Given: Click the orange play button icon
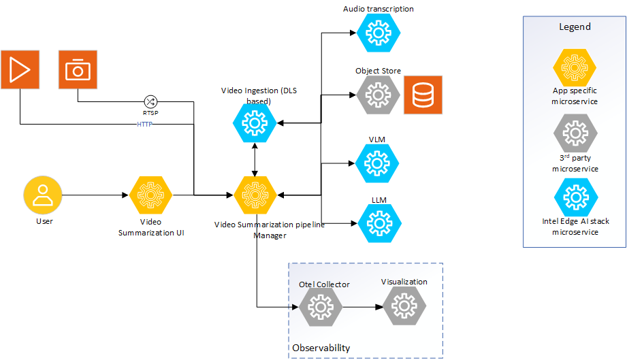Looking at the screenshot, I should pos(20,69).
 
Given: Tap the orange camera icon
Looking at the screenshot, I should pos(78,69).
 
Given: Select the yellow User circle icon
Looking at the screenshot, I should pos(43,195).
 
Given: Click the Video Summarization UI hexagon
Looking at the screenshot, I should pos(150,195).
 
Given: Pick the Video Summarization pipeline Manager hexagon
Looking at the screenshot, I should pos(255,195).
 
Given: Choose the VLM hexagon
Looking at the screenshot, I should pos(376,163).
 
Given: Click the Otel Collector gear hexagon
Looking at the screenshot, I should pos(321,308).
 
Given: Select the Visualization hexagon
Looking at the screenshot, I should pos(404,306).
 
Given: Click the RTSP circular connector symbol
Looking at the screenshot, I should pos(150,101).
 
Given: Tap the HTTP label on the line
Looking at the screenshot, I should pos(144,125).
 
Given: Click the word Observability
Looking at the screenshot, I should pos(321,348).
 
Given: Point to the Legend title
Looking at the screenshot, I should pos(575,27).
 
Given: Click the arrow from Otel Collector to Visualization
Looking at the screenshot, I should pos(361,308).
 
